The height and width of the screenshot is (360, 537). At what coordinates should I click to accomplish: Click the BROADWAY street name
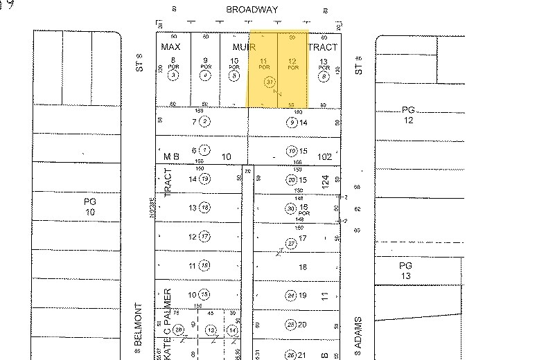tap(253, 10)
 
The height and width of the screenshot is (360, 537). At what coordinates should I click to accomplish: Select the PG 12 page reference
tap(407, 115)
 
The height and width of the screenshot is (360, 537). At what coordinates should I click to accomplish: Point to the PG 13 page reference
tap(405, 271)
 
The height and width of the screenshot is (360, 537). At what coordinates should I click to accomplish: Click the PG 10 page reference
tap(90, 206)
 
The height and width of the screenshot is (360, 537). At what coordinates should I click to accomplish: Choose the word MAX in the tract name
tap(170, 47)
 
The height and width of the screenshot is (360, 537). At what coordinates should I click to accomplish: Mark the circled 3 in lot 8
tap(174, 75)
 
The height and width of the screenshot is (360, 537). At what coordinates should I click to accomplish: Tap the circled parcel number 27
tap(292, 243)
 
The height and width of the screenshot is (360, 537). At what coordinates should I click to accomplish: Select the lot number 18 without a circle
tap(303, 267)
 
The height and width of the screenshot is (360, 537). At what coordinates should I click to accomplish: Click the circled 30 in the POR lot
tap(292, 208)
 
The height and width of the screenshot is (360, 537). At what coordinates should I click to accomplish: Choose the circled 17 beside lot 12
tap(205, 237)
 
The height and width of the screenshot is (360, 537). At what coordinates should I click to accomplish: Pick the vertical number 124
tap(325, 183)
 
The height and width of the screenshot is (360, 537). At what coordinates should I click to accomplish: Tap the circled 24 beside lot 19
tap(292, 296)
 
